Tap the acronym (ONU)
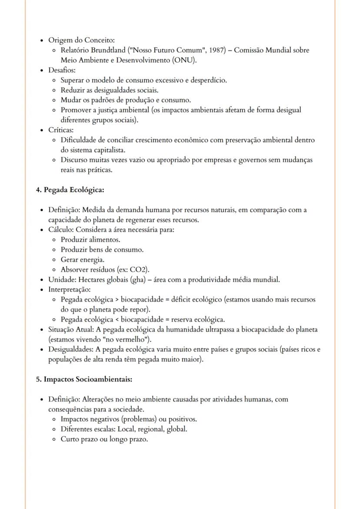pos(184,60)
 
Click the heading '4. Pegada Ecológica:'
pos(70,190)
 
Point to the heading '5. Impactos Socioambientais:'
pos(84,379)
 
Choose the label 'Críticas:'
pos(61,130)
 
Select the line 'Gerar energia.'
pos(83,259)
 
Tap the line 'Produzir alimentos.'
pos(90,240)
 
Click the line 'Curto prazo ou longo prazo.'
pos(104,439)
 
